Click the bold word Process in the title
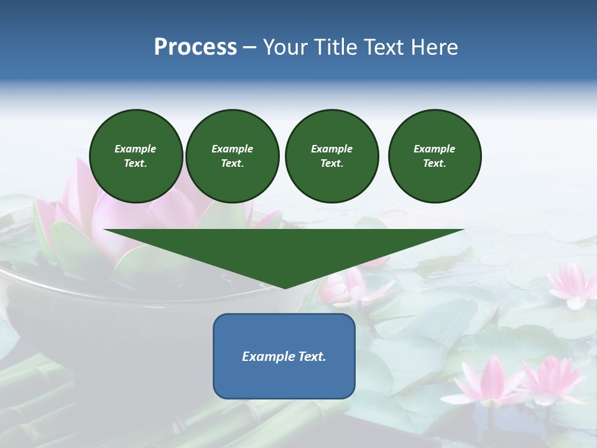click(195, 47)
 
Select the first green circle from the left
click(136, 156)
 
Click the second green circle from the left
click(232, 156)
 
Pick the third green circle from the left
click(331, 156)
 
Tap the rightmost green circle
click(434, 156)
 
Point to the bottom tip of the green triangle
click(285, 288)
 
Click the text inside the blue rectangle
click(284, 357)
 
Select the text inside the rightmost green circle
click(434, 156)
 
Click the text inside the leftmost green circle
click(136, 156)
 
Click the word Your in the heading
click(284, 47)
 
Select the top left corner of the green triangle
click(104, 230)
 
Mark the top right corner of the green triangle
click(464, 230)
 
